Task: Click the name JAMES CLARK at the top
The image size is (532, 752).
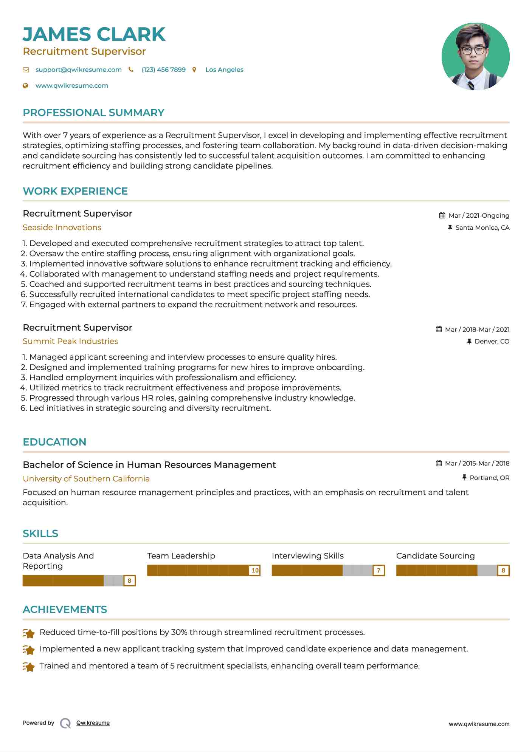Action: [x=94, y=34]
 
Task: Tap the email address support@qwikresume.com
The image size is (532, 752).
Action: [x=78, y=70]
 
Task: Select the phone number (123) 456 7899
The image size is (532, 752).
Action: [x=163, y=70]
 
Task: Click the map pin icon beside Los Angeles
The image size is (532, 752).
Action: [x=194, y=70]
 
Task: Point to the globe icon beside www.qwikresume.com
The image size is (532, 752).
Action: [x=25, y=86]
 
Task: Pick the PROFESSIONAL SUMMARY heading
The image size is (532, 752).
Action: [x=93, y=113]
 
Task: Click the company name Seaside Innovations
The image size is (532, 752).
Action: [x=62, y=227]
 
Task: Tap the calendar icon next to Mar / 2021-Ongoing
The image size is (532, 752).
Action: [x=442, y=215]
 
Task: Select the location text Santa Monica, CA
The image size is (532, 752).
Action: [x=482, y=227]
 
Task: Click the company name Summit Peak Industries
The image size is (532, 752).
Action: [x=70, y=341]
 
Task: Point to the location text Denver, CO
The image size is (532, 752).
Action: [x=492, y=341]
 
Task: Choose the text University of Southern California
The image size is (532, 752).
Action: [x=86, y=479]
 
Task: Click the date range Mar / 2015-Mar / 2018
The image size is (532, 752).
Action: [x=477, y=463]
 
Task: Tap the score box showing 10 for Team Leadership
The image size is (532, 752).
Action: [x=255, y=570]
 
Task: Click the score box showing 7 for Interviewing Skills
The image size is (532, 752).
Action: [x=378, y=570]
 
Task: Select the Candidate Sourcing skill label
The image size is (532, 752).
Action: [x=435, y=556]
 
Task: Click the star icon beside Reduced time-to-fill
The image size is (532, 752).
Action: [x=29, y=633]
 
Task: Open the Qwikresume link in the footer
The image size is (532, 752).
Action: [x=93, y=723]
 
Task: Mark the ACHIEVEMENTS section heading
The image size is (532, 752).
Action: [x=65, y=610]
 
